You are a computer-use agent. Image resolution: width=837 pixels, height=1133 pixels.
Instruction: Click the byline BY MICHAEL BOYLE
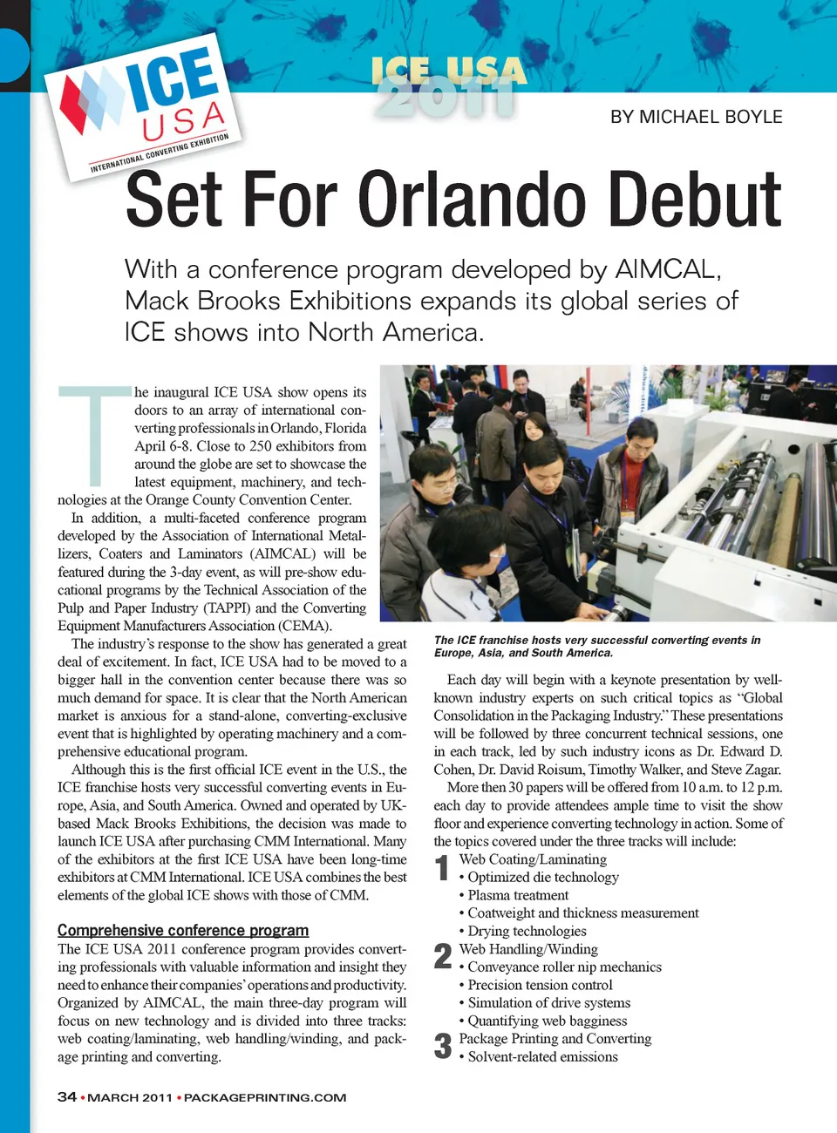click(x=696, y=117)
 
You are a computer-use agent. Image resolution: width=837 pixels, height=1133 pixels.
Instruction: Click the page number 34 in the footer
click(x=67, y=1096)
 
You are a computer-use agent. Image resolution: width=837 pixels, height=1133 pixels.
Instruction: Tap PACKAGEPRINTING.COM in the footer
click(x=265, y=1097)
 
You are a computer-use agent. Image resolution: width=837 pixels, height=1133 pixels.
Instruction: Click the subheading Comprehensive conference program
click(x=183, y=930)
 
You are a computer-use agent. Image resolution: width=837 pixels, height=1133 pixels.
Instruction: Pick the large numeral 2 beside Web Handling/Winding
click(x=443, y=956)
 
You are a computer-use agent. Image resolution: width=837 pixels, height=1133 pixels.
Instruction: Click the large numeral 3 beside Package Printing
click(x=443, y=1046)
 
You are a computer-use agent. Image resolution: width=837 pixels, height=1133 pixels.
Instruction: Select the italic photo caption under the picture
click(x=597, y=646)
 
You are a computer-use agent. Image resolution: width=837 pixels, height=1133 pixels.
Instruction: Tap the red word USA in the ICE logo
click(x=184, y=121)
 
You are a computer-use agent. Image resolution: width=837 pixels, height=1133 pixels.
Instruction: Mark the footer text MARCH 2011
click(x=130, y=1097)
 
